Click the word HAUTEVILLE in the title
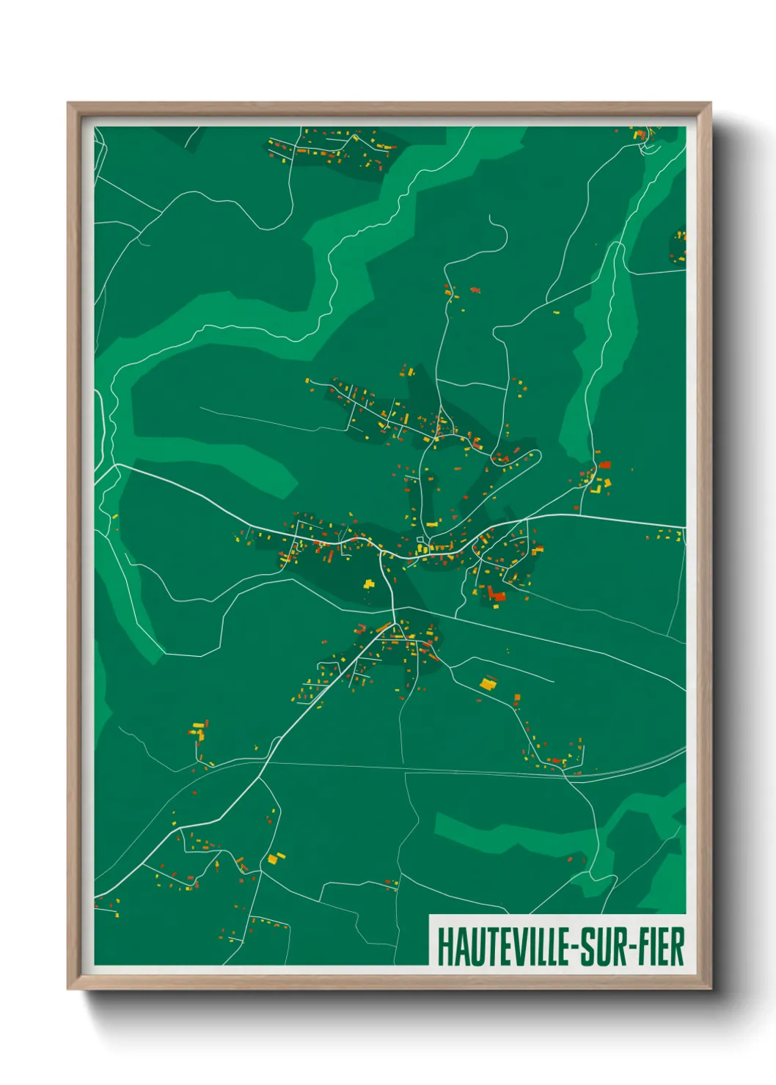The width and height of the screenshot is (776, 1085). coord(504,946)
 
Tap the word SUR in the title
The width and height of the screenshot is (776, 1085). coord(603,946)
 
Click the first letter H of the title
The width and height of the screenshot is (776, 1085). coord(444,946)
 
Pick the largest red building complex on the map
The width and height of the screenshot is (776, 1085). coord(496,593)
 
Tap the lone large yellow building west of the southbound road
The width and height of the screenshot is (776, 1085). coord(368,584)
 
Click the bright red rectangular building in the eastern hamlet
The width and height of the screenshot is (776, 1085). coord(604,465)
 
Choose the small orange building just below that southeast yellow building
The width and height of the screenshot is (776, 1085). coord(517,699)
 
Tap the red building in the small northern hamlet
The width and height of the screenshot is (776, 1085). coord(475,290)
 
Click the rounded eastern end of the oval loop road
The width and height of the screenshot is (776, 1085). coord(539,456)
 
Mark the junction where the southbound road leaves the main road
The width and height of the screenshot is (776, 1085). coord(381,552)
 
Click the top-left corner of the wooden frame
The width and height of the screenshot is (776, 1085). coord(68,103)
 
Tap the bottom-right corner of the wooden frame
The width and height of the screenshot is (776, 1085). coord(710,987)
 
